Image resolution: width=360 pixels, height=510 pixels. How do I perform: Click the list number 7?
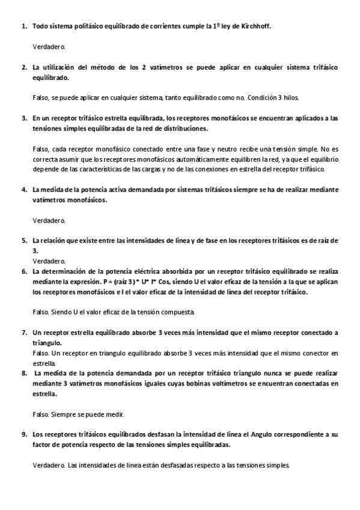[23, 332]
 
